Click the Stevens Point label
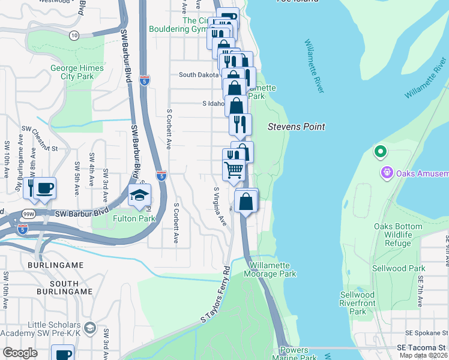(296, 127)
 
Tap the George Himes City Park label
(77, 73)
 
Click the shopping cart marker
(234, 169)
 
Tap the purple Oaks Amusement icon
(387, 173)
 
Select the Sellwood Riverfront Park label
(357, 303)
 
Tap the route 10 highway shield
(74, 36)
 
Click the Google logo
(20, 353)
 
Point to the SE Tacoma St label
(422, 348)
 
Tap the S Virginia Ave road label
(220, 206)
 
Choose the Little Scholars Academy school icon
(89, 327)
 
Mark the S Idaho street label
(213, 103)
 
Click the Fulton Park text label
(134, 218)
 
